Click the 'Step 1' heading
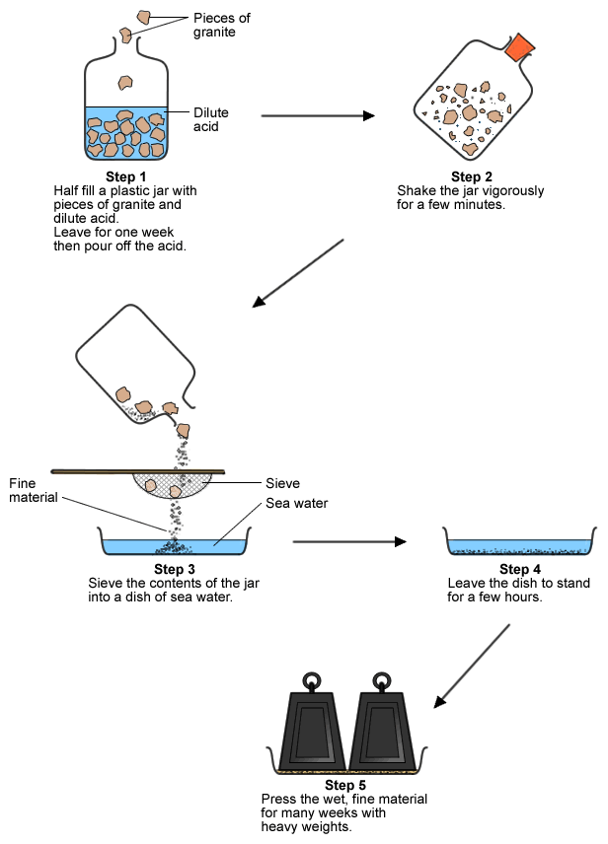tap(125, 176)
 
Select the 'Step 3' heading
tap(175, 570)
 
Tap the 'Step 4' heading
tap(519, 570)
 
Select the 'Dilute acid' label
tap(212, 119)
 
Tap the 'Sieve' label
tap(282, 483)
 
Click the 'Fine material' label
tap(36, 490)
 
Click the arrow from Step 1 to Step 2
tap(318, 115)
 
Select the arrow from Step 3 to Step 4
tap(349, 541)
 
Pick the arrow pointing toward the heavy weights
tap(473, 666)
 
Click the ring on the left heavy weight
tap(312, 680)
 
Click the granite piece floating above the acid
tap(125, 83)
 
